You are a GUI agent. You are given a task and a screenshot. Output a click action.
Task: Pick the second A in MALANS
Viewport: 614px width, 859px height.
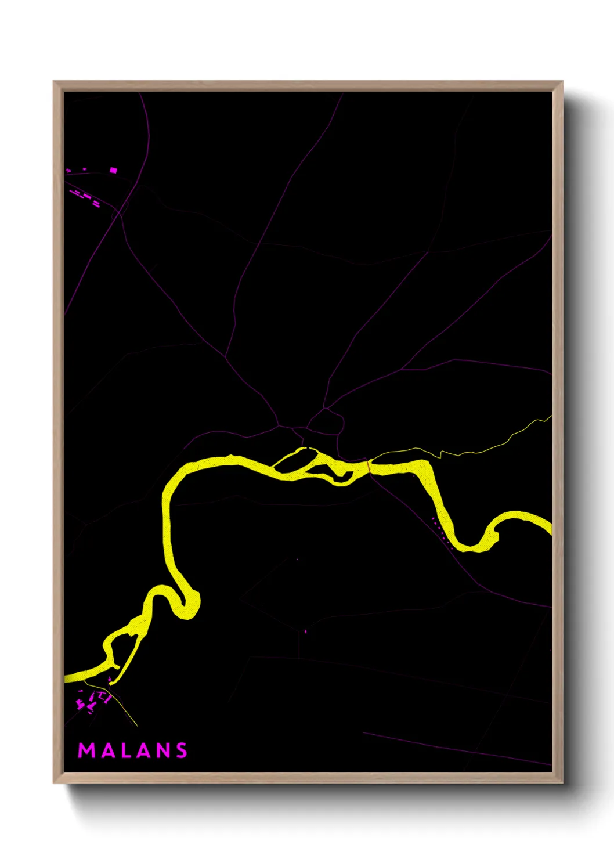point(145,750)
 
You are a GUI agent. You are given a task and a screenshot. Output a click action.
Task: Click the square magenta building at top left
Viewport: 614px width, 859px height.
point(113,170)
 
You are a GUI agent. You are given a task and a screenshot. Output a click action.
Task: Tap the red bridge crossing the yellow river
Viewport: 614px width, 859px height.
point(368,466)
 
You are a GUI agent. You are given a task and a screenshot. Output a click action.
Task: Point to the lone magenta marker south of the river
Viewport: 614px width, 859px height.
point(305,631)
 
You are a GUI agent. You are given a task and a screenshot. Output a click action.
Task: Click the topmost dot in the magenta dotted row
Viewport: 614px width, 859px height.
point(432,518)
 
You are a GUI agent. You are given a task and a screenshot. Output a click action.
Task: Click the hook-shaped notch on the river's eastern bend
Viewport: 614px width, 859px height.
point(496,535)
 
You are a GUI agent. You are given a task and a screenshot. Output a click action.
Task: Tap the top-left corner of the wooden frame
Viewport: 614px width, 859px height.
point(55,82)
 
